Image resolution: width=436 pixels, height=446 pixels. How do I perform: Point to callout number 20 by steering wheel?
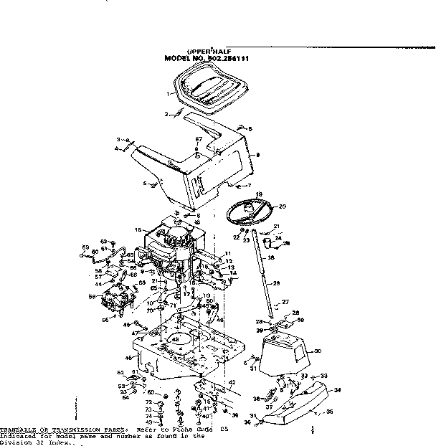pyautogui.click(x=282, y=207)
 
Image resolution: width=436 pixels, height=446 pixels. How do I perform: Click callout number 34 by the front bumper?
pyautogui.click(x=338, y=391)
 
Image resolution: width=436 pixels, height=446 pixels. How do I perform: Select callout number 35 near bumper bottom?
pyautogui.click(x=329, y=412)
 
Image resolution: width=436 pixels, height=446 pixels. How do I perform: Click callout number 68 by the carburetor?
pyautogui.click(x=92, y=295)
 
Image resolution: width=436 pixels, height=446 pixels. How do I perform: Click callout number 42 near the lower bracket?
pyautogui.click(x=232, y=383)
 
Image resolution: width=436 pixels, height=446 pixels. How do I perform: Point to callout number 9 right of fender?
pyautogui.click(x=257, y=154)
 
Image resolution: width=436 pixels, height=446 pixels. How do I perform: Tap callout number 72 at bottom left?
pyautogui.click(x=150, y=402)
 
